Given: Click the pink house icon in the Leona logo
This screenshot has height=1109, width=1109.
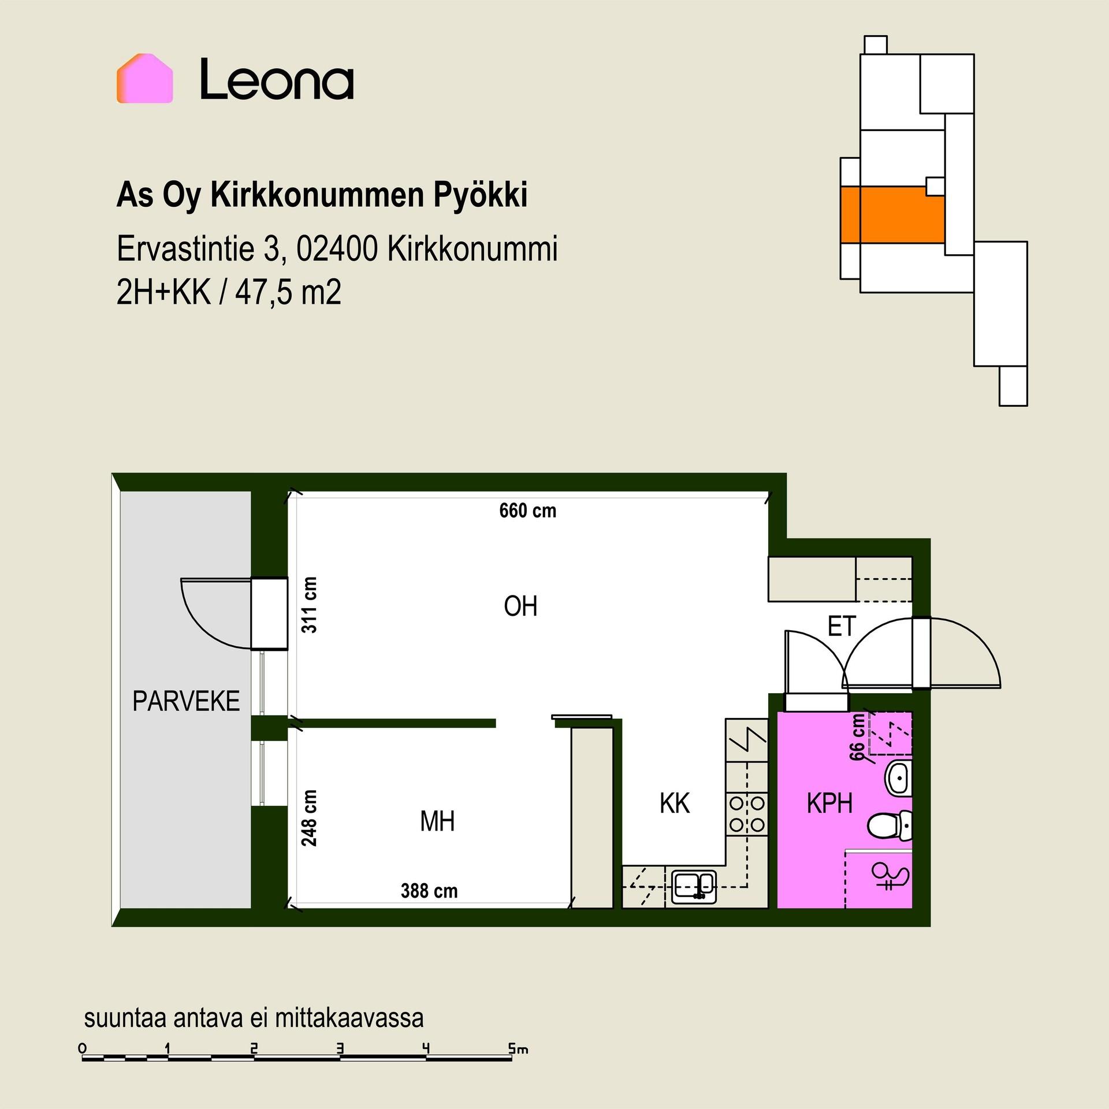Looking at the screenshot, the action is (144, 79).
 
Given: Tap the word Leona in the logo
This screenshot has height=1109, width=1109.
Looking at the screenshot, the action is (277, 79).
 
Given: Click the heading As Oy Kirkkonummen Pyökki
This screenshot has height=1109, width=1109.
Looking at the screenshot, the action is (322, 195).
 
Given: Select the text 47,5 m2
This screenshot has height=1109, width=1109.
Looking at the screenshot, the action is (288, 292).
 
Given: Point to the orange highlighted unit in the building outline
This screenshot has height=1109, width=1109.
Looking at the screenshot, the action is (892, 214).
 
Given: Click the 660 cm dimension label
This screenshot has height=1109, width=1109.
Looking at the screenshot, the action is (527, 511).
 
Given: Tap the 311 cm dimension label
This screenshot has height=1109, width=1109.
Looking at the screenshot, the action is (310, 605).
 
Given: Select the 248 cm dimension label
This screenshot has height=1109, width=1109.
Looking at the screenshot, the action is (310, 818).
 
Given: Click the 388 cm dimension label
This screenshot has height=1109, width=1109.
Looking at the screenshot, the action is (429, 891).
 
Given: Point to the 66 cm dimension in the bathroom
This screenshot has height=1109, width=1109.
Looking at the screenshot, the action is (857, 738).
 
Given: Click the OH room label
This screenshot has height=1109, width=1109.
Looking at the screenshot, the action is (520, 606).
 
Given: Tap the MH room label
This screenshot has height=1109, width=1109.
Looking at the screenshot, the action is (437, 821).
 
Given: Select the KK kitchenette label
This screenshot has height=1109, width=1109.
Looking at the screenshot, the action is (675, 803).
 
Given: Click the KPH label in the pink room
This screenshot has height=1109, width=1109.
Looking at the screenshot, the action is (829, 803).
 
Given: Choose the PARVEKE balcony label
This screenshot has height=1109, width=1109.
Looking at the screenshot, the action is (186, 701).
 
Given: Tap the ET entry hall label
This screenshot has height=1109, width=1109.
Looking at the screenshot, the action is (842, 627).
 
